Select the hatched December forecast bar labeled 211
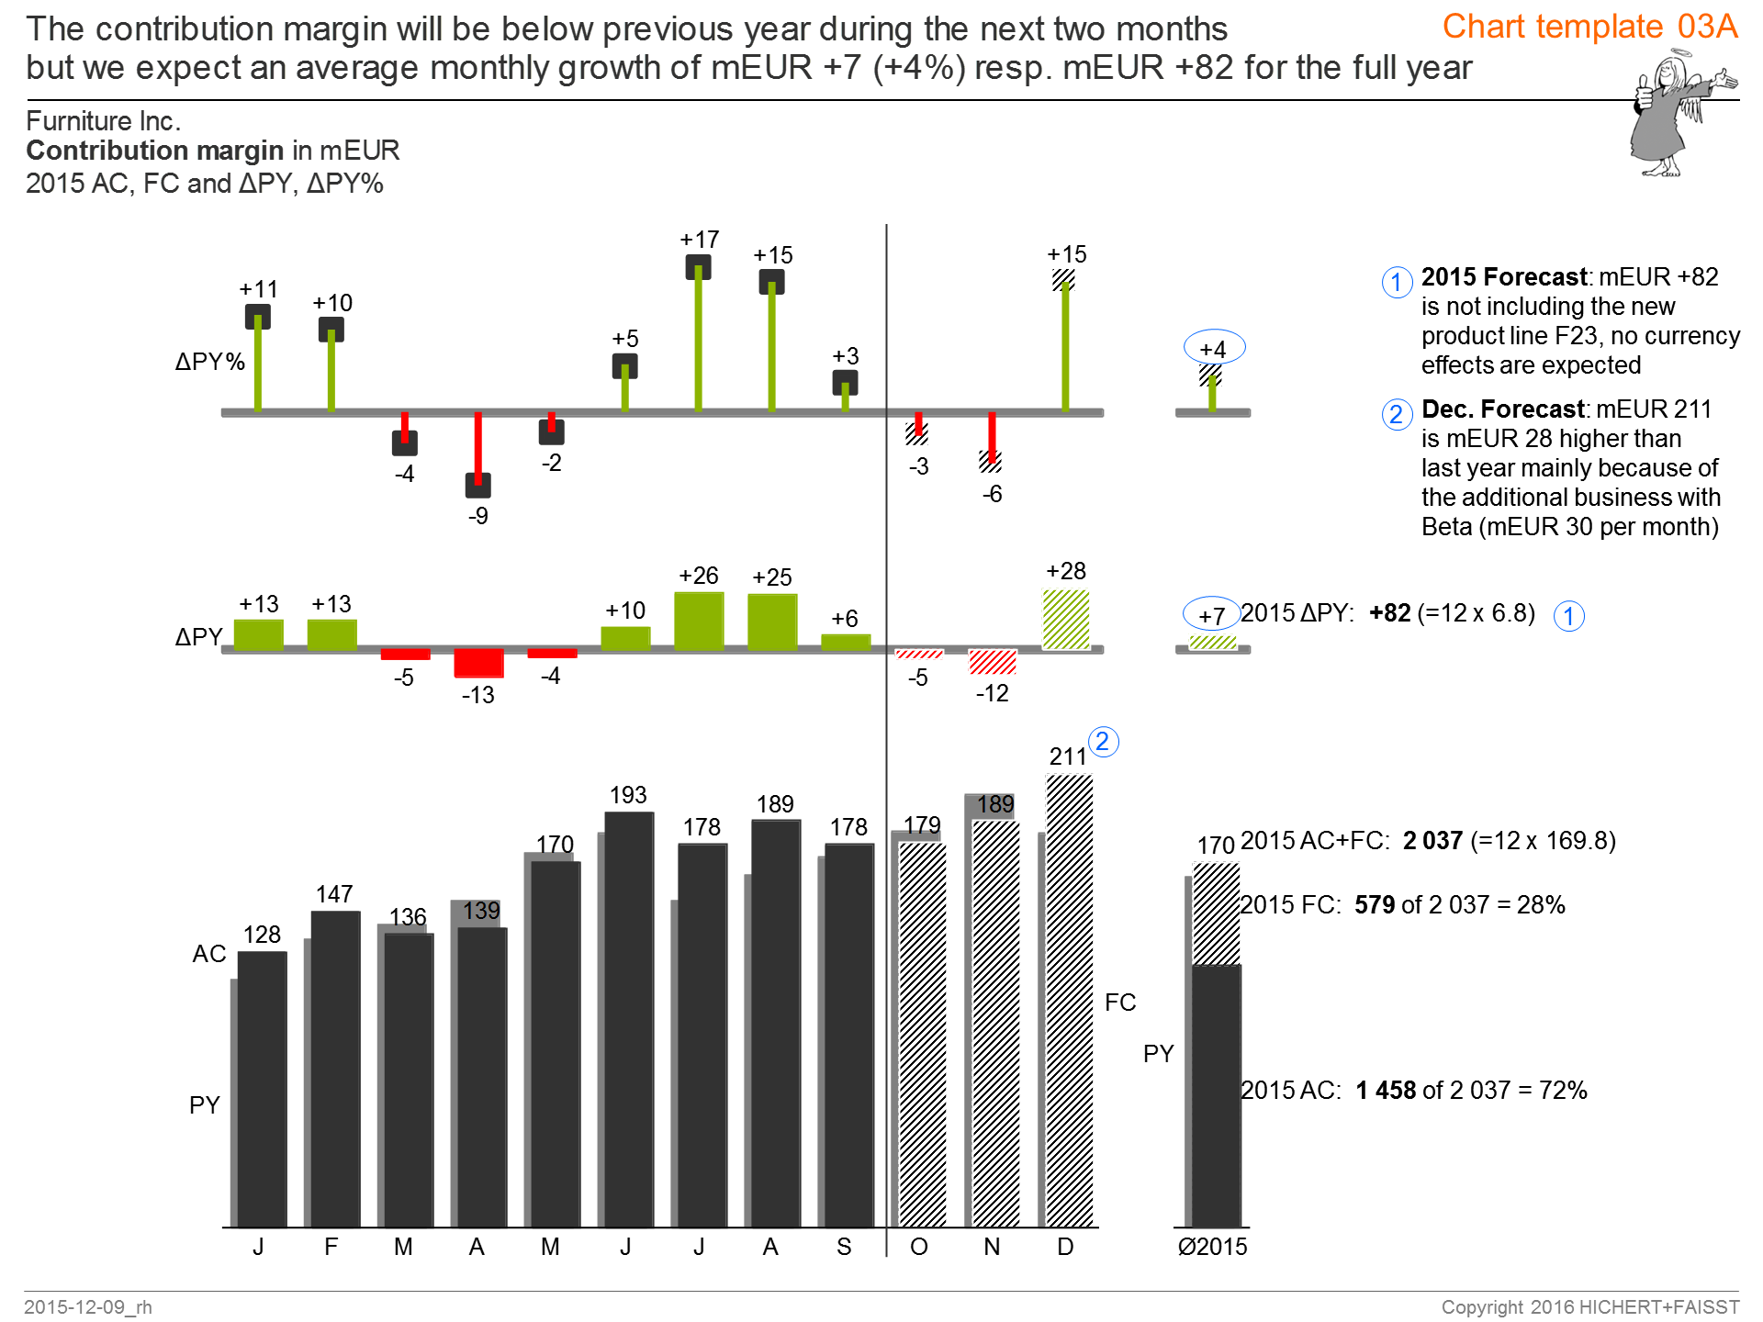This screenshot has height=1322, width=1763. click(1070, 1001)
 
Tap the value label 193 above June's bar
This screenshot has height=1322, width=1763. click(628, 795)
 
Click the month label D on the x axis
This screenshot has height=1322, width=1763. click(1065, 1247)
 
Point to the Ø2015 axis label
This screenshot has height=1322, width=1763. click(1212, 1247)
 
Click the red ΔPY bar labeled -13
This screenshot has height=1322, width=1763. click(478, 662)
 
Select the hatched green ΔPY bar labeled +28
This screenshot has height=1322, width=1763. click(1066, 620)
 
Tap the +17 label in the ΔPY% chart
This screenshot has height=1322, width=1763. click(699, 240)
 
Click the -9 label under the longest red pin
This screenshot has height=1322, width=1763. click(478, 516)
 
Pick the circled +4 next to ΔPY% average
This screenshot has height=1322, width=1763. click(1214, 349)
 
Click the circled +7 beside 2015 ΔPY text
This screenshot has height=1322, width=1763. click(1211, 616)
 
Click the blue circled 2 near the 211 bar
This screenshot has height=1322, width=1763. click(1103, 742)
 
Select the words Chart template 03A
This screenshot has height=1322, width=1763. click(1589, 27)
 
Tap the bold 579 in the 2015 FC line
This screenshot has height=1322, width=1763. click(1375, 905)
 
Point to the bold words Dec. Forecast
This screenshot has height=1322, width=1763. click(1503, 409)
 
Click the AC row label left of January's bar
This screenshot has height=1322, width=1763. click(208, 954)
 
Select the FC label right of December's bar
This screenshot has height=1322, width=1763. click(1120, 1003)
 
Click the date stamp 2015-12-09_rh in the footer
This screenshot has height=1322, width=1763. click(88, 1306)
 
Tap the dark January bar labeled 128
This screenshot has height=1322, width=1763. click(263, 1088)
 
